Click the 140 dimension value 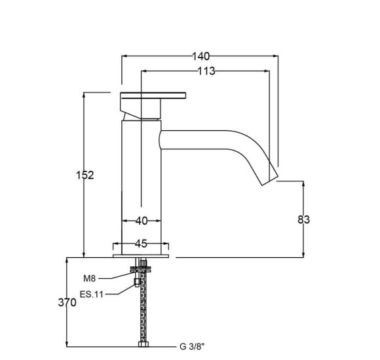coord(200,56)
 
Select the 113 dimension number coord(206,71)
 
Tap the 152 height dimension coord(85,175)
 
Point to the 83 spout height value coord(303,219)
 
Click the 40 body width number coord(142,221)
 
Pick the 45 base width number coord(141,243)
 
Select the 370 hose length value coord(67,302)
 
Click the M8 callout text coord(89,279)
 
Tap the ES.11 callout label coord(92,295)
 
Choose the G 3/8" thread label coord(192,347)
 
